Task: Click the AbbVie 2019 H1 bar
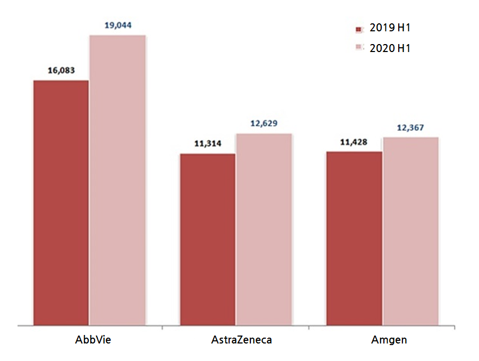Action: (61, 202)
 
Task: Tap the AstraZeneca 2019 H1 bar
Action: (207, 239)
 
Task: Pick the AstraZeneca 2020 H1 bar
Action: (264, 229)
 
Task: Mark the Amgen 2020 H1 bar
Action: (410, 231)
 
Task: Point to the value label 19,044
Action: (118, 25)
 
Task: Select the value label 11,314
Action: (207, 143)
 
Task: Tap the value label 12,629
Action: (264, 123)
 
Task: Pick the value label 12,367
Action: (410, 127)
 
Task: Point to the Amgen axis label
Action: (389, 340)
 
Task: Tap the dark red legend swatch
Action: (359, 29)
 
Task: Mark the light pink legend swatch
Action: (359, 48)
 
